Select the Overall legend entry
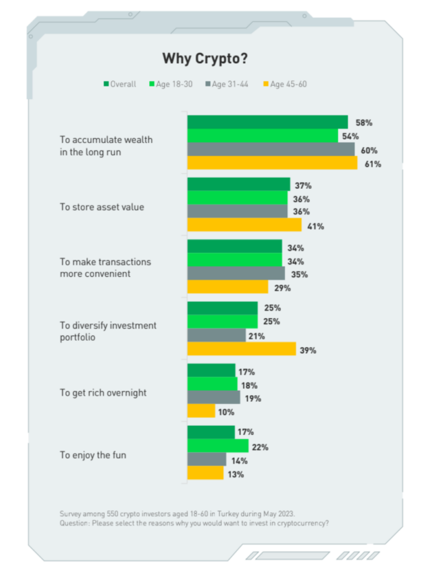[120, 84]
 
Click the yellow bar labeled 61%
[272, 164]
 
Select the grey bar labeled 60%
[271, 150]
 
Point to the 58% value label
[363, 122]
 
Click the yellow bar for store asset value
[244, 225]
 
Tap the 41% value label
[315, 226]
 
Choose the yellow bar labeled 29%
[227, 287]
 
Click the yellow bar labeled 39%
[241, 350]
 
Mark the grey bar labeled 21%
[216, 335]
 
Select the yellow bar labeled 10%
[201, 412]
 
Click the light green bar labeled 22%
[218, 447]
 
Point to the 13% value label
[237, 474]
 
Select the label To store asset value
[102, 206]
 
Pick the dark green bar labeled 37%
[238, 185]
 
